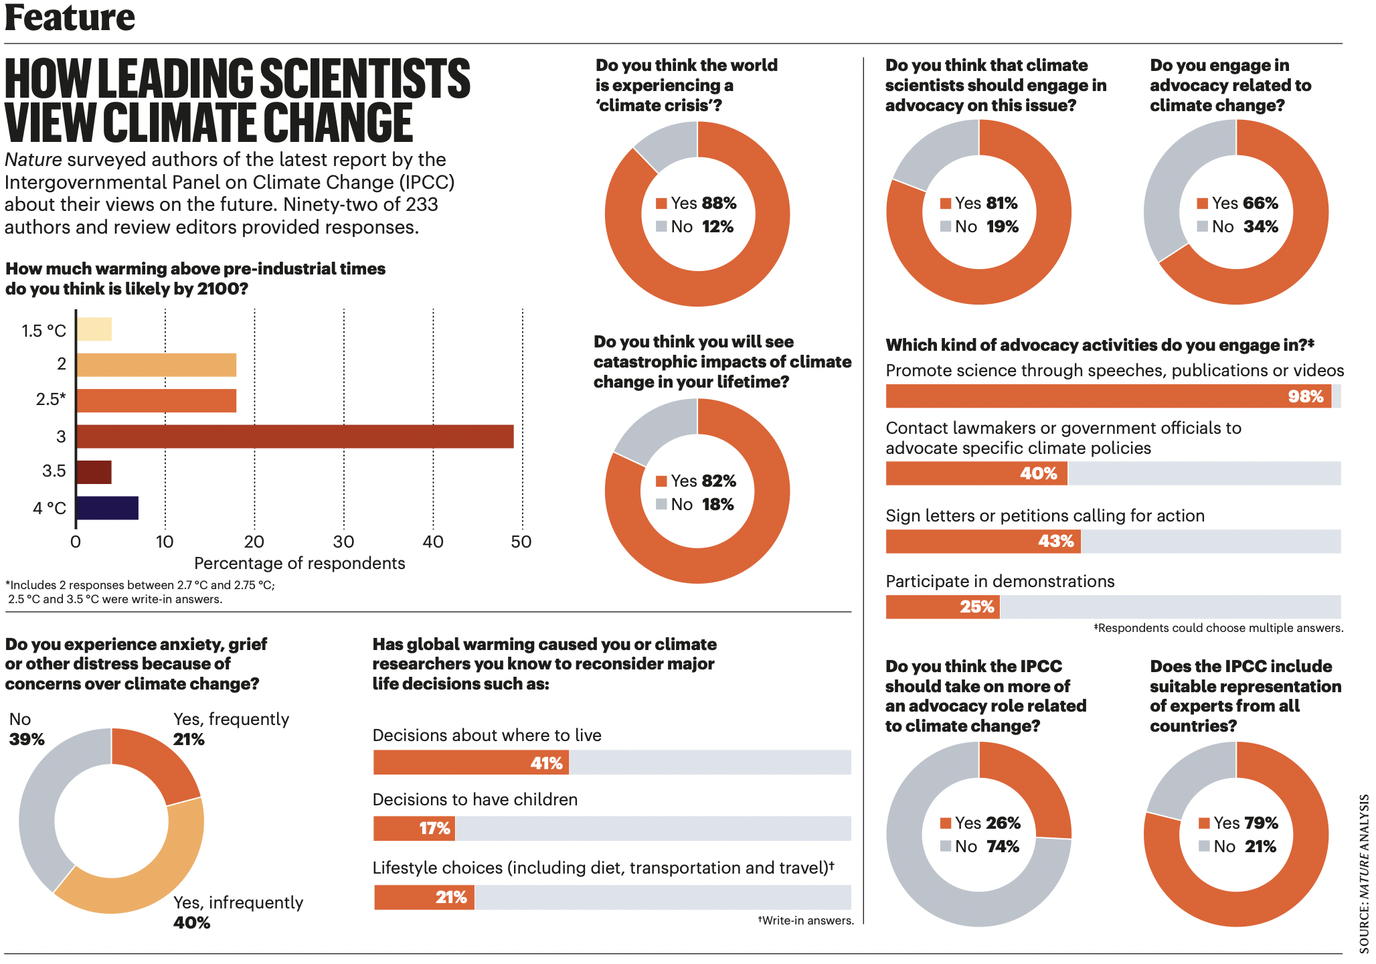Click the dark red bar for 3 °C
pyautogui.click(x=294, y=436)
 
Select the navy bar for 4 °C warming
pyautogui.click(x=107, y=508)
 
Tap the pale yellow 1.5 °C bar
pyautogui.click(x=94, y=329)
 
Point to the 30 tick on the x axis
pyautogui.click(x=343, y=542)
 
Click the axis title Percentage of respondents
pyautogui.click(x=299, y=564)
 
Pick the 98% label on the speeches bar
pyautogui.click(x=1305, y=396)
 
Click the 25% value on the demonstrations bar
pyautogui.click(x=976, y=607)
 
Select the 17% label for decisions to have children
pyautogui.click(x=434, y=828)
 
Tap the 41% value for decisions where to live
pyautogui.click(x=546, y=763)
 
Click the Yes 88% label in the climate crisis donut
pyautogui.click(x=697, y=203)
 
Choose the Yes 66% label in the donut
pyautogui.click(x=1238, y=203)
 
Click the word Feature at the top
pyautogui.click(x=70, y=17)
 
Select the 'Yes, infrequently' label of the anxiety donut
pyautogui.click(x=238, y=902)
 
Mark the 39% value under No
pyautogui.click(x=27, y=739)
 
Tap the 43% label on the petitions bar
pyautogui.click(x=1055, y=541)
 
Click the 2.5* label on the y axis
pyautogui.click(x=51, y=400)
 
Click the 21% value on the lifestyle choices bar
pyautogui.click(x=450, y=897)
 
